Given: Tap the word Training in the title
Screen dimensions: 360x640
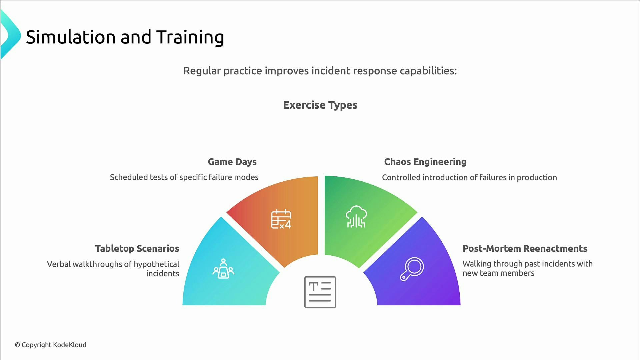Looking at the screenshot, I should tap(190, 38).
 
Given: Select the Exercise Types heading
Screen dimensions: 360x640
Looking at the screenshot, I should tap(320, 105).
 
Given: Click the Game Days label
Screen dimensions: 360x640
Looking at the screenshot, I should tap(232, 162).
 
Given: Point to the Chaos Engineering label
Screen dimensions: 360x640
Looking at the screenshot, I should tap(425, 162).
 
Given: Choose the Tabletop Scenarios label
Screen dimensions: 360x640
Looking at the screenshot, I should tap(137, 249).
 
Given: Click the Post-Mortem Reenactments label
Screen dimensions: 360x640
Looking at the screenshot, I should tap(525, 249).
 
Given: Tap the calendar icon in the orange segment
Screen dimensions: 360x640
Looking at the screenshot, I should tap(281, 219).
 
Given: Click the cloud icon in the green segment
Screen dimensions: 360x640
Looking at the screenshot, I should tap(356, 217).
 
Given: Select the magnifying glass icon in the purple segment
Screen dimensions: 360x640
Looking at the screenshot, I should tap(412, 269).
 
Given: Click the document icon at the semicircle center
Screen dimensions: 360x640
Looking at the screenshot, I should tap(320, 292).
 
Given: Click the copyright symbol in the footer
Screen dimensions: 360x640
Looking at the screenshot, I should tap(17, 345).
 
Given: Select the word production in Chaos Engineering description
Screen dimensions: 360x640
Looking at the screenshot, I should tap(537, 178).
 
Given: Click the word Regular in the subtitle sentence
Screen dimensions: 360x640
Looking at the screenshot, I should tap(202, 71).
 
